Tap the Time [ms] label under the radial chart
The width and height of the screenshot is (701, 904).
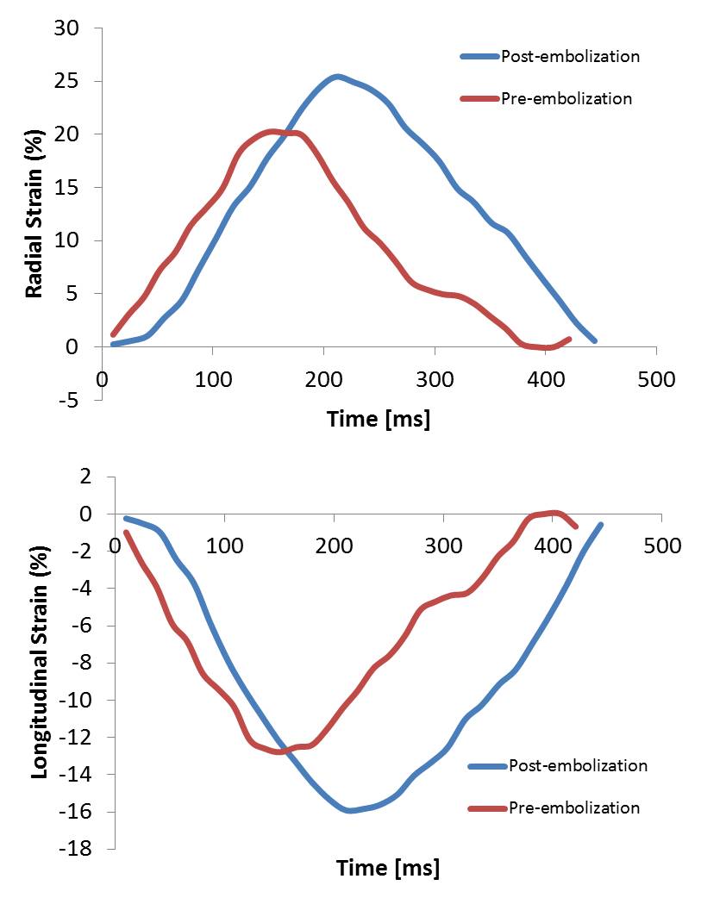379,419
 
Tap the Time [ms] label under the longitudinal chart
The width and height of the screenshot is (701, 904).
387,867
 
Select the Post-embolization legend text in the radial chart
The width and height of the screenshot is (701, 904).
570,57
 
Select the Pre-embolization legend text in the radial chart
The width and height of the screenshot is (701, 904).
566,98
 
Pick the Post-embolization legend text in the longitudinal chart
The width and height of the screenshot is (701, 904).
578,765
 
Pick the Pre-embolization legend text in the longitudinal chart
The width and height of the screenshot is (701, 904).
574,807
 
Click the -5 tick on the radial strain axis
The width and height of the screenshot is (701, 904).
74,400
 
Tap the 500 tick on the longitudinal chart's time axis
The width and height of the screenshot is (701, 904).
662,546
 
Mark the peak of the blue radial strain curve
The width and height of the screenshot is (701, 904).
337,77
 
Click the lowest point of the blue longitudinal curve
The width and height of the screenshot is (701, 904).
349,810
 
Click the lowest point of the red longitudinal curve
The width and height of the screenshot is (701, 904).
279,751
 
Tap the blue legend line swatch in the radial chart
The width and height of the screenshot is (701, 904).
479,57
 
